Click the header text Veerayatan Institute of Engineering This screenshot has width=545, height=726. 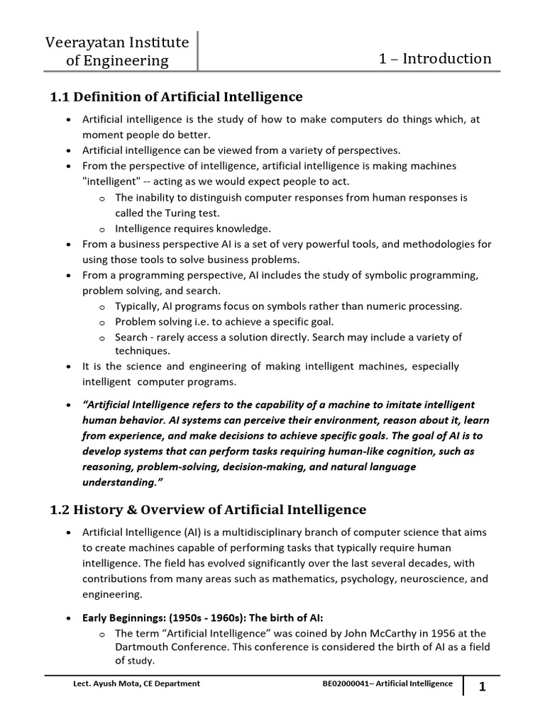point(117,52)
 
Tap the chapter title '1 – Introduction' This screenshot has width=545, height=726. point(436,58)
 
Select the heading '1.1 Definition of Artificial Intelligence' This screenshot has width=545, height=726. point(177,96)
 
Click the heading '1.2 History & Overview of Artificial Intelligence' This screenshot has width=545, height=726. point(209,509)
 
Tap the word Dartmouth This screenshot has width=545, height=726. point(141,647)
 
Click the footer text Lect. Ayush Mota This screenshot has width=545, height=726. point(106,683)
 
